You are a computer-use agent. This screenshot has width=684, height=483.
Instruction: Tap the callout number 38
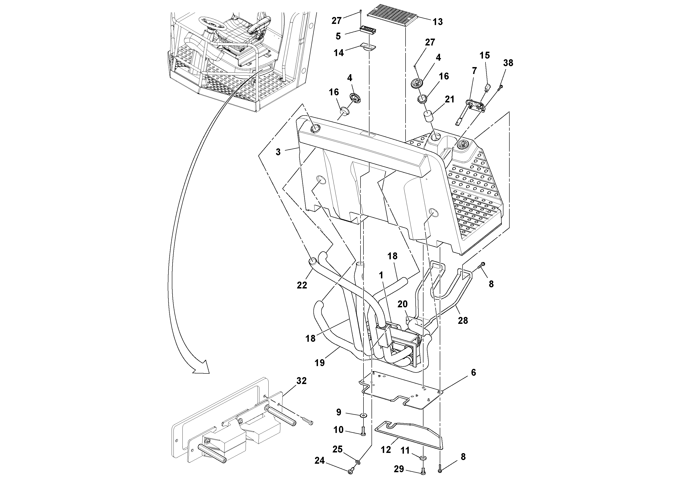point(508,63)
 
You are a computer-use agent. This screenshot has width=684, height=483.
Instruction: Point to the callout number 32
point(301,381)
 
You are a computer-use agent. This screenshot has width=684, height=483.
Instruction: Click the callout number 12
point(386,450)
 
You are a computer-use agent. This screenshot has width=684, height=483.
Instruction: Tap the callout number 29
point(399,469)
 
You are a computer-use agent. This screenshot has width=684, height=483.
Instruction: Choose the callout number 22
point(302,285)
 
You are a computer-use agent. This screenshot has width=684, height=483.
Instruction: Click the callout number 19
point(320,363)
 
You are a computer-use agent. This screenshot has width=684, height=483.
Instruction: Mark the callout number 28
point(463,320)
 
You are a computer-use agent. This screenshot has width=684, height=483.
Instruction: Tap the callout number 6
point(473,372)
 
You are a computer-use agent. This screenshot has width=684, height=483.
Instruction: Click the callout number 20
point(402,304)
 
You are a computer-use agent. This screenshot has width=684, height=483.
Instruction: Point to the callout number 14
point(339,53)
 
